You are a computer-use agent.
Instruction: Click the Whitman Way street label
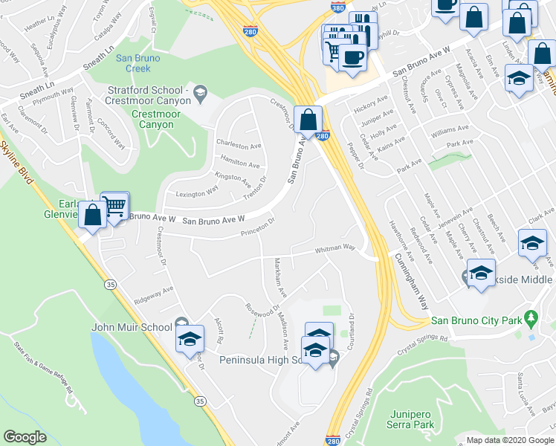(x=334, y=249)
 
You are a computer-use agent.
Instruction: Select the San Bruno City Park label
(x=476, y=321)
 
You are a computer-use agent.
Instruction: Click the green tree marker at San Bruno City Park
(x=531, y=320)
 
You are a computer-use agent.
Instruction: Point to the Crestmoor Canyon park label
(x=152, y=120)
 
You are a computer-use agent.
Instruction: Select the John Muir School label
(x=132, y=326)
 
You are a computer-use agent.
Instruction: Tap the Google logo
(x=25, y=437)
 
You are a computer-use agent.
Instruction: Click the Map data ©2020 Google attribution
(x=510, y=440)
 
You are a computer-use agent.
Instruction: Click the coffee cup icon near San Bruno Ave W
(x=352, y=57)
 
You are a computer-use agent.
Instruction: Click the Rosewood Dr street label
(x=262, y=308)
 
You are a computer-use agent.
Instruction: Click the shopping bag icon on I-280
(x=308, y=119)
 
